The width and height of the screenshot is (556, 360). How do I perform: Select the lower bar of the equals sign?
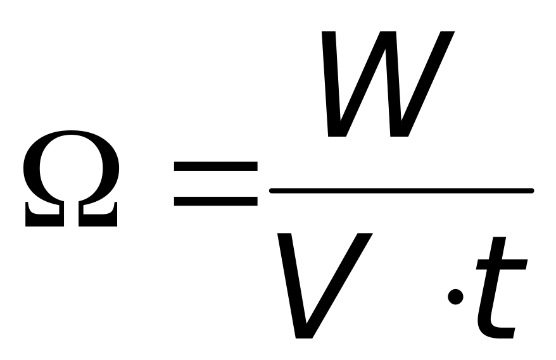click(x=215, y=201)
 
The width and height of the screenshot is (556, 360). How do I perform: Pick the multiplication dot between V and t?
click(x=453, y=297)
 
